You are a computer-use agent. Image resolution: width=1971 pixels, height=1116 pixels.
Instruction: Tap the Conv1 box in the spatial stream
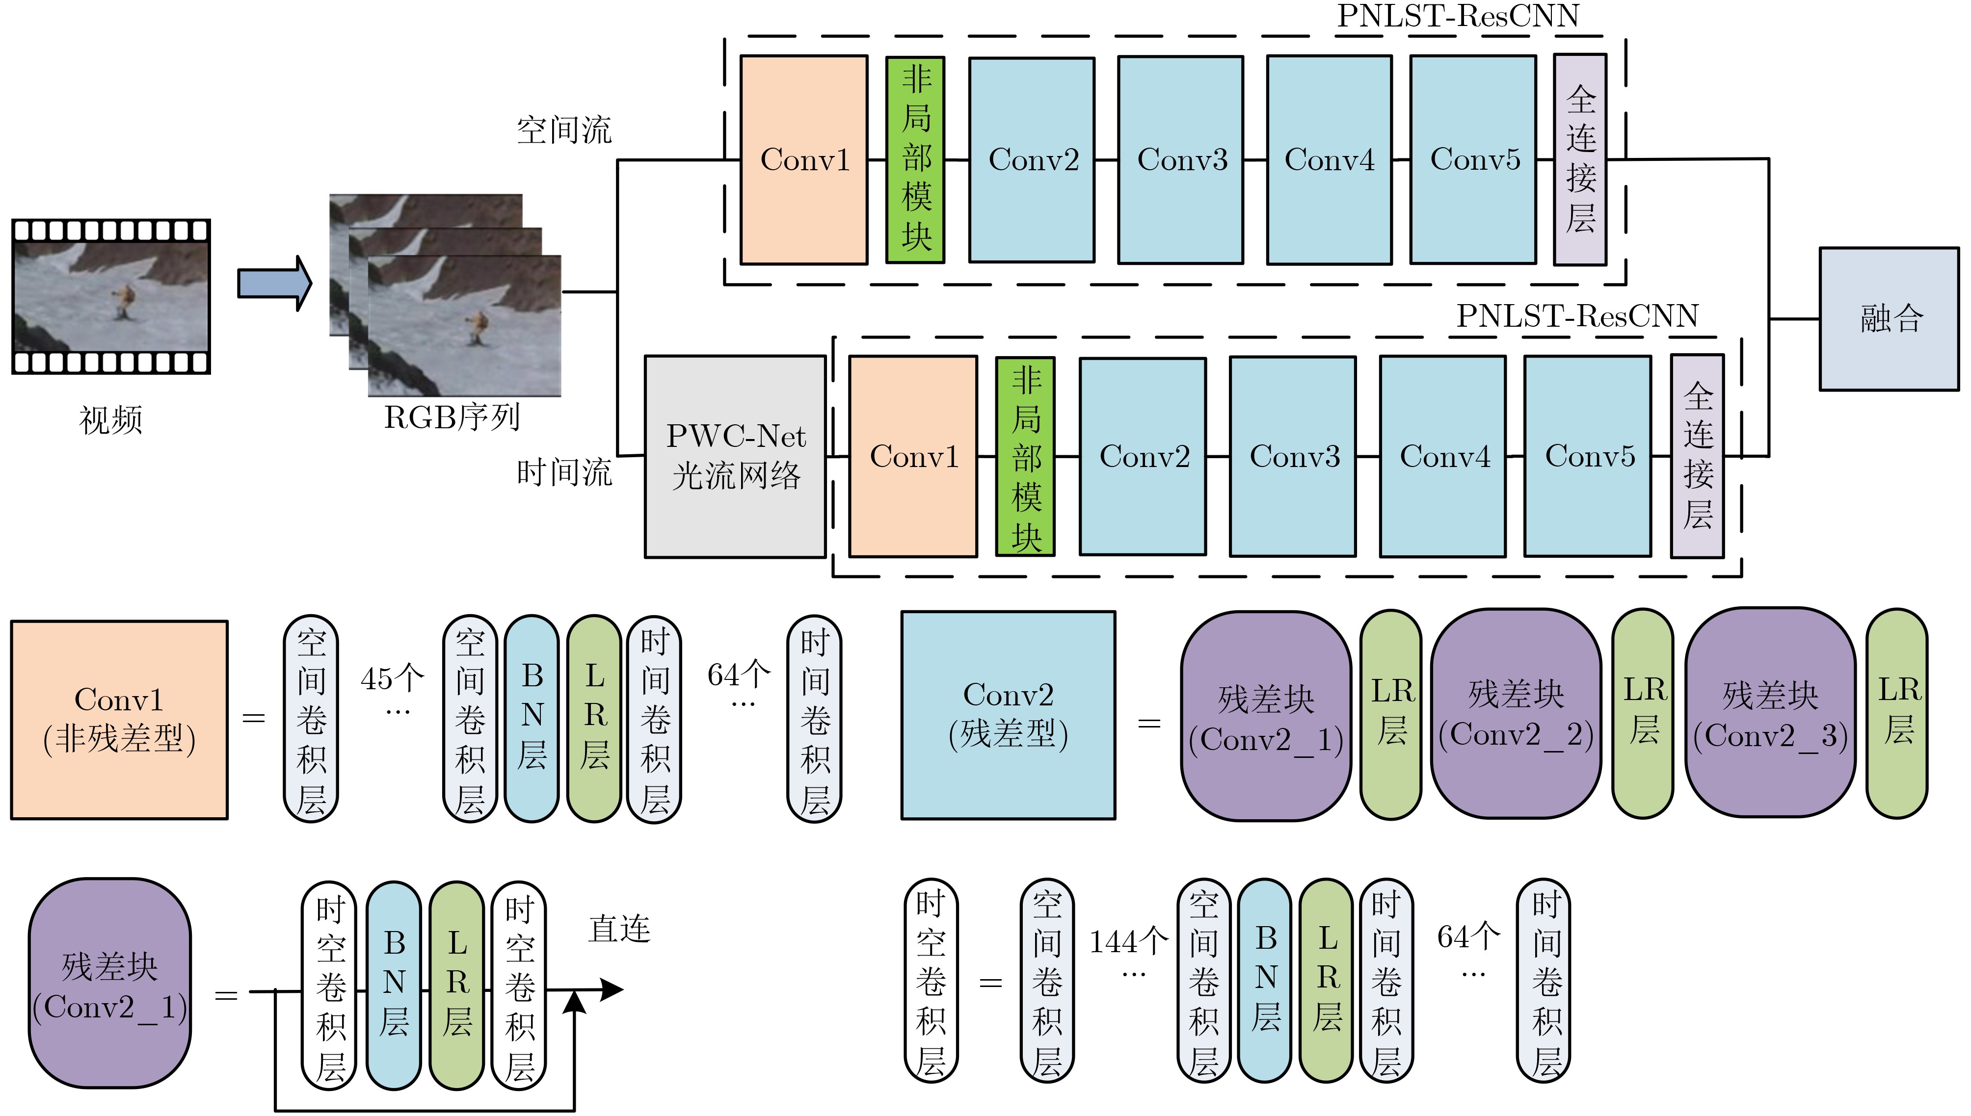803,159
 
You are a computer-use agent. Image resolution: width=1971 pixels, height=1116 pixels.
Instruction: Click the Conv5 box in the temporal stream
1588,456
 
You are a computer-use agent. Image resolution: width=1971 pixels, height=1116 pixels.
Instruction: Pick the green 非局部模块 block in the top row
915,159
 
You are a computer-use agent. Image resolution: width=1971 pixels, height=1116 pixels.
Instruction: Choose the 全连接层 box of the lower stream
1697,456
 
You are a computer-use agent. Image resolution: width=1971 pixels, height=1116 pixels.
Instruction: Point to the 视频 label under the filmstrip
110,420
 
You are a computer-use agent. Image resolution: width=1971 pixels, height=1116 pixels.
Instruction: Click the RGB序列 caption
452,418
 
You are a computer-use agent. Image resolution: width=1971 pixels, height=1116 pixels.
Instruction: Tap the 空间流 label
564,130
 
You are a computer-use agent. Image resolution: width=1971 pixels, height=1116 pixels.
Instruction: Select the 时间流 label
564,472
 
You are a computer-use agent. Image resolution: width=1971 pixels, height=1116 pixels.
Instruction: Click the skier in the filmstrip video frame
123,300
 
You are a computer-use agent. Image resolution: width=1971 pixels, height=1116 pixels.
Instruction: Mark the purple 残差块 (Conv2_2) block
1516,714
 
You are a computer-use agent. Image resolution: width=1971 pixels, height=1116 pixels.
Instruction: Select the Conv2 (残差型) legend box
1008,715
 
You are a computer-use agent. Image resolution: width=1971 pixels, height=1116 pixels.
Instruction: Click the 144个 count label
1128,942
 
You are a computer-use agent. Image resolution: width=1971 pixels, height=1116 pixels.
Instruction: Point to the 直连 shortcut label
619,929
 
